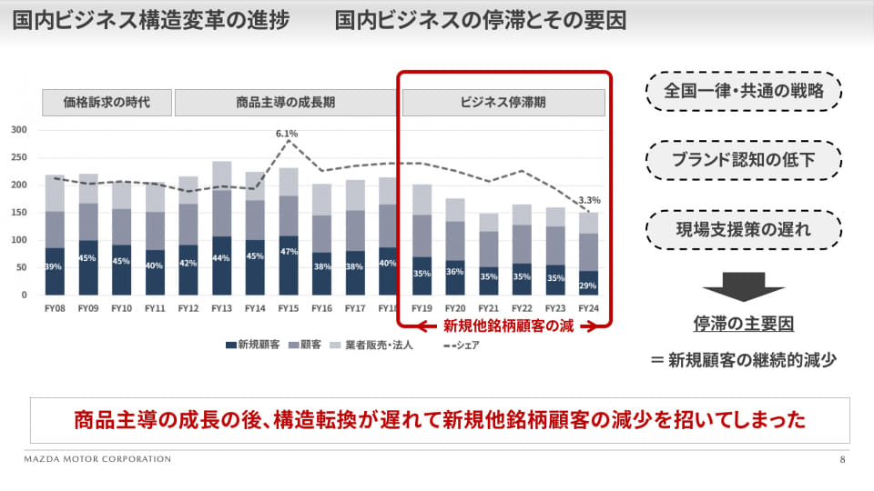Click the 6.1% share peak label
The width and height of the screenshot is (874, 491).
pos(287,134)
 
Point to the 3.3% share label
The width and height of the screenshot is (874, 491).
pos(589,200)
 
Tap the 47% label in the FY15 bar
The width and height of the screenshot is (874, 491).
pos(289,252)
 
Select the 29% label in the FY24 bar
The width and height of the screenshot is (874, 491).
pos(588,286)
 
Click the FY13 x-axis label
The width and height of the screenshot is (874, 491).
pos(221,308)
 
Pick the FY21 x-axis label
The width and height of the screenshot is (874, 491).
pos(488,308)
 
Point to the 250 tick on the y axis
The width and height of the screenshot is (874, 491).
pos(19,157)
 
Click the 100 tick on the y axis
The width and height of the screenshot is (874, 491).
pos(19,240)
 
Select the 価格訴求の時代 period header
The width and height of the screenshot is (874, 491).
pos(107,103)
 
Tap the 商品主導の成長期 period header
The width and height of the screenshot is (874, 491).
pos(285,103)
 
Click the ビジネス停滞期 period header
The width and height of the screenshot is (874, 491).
pos(503,103)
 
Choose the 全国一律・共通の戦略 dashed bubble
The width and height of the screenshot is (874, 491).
pos(744,91)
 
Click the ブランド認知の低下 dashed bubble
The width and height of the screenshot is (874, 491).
pos(744,160)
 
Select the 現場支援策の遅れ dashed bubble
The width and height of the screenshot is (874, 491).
pos(744,229)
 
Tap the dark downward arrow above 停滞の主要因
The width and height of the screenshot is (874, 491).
pos(744,286)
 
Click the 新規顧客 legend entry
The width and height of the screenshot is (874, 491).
pos(252,346)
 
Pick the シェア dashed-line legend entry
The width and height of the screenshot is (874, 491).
pos(462,346)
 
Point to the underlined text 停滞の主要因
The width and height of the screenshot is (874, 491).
pos(744,324)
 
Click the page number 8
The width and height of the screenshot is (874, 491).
pos(842,459)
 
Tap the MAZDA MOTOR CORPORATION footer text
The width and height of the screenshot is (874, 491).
pos(97,459)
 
